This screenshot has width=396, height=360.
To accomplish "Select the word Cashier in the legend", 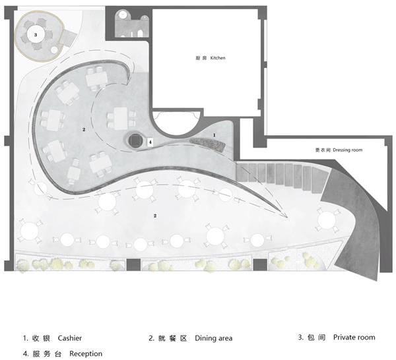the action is click(x=70, y=338).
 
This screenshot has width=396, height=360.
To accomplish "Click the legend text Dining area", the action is click(x=214, y=338).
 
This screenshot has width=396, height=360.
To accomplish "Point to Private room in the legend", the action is click(x=354, y=338).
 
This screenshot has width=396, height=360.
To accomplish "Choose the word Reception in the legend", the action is click(x=86, y=353).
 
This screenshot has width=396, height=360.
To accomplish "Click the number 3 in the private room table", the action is click(x=36, y=35).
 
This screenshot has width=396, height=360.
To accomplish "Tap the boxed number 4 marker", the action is click(x=150, y=142).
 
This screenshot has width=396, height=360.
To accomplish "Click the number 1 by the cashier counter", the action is click(x=214, y=135).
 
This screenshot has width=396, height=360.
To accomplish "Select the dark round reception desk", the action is click(x=135, y=140).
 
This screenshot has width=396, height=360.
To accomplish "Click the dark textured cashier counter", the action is click(x=207, y=144).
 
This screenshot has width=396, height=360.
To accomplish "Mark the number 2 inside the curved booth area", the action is click(x=84, y=129).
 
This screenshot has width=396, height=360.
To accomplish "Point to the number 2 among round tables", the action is click(x=155, y=216).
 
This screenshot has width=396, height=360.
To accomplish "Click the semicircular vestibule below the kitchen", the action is click(x=177, y=123).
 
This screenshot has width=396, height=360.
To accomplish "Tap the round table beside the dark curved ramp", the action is click(x=327, y=220).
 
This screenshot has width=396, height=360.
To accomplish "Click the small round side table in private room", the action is click(x=54, y=50).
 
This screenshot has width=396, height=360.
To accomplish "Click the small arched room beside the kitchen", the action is click(x=131, y=24).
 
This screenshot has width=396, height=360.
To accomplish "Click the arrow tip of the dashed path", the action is click(x=287, y=217).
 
